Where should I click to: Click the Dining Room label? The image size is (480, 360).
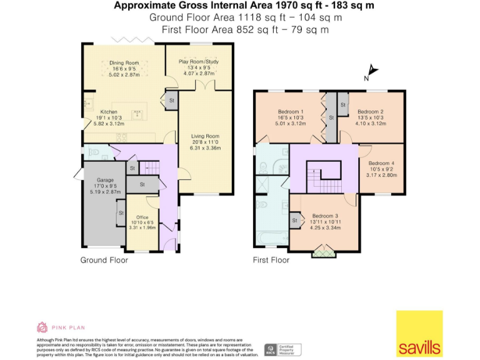tap(124, 63)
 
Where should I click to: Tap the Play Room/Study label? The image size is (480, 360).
tap(199, 62)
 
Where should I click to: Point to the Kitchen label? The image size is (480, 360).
tap(91, 112)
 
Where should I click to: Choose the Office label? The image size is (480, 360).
tap(142, 217)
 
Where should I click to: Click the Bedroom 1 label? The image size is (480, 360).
tap(290, 112)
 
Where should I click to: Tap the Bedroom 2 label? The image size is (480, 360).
tap(370, 112)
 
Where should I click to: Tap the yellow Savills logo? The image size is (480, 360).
tap(419, 334)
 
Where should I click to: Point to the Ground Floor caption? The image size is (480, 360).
tap(104, 260)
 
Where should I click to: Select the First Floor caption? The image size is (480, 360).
tap(271, 260)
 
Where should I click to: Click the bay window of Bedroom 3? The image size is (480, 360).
tap(324, 252)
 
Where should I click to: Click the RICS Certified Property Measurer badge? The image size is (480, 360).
tap(283, 349)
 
